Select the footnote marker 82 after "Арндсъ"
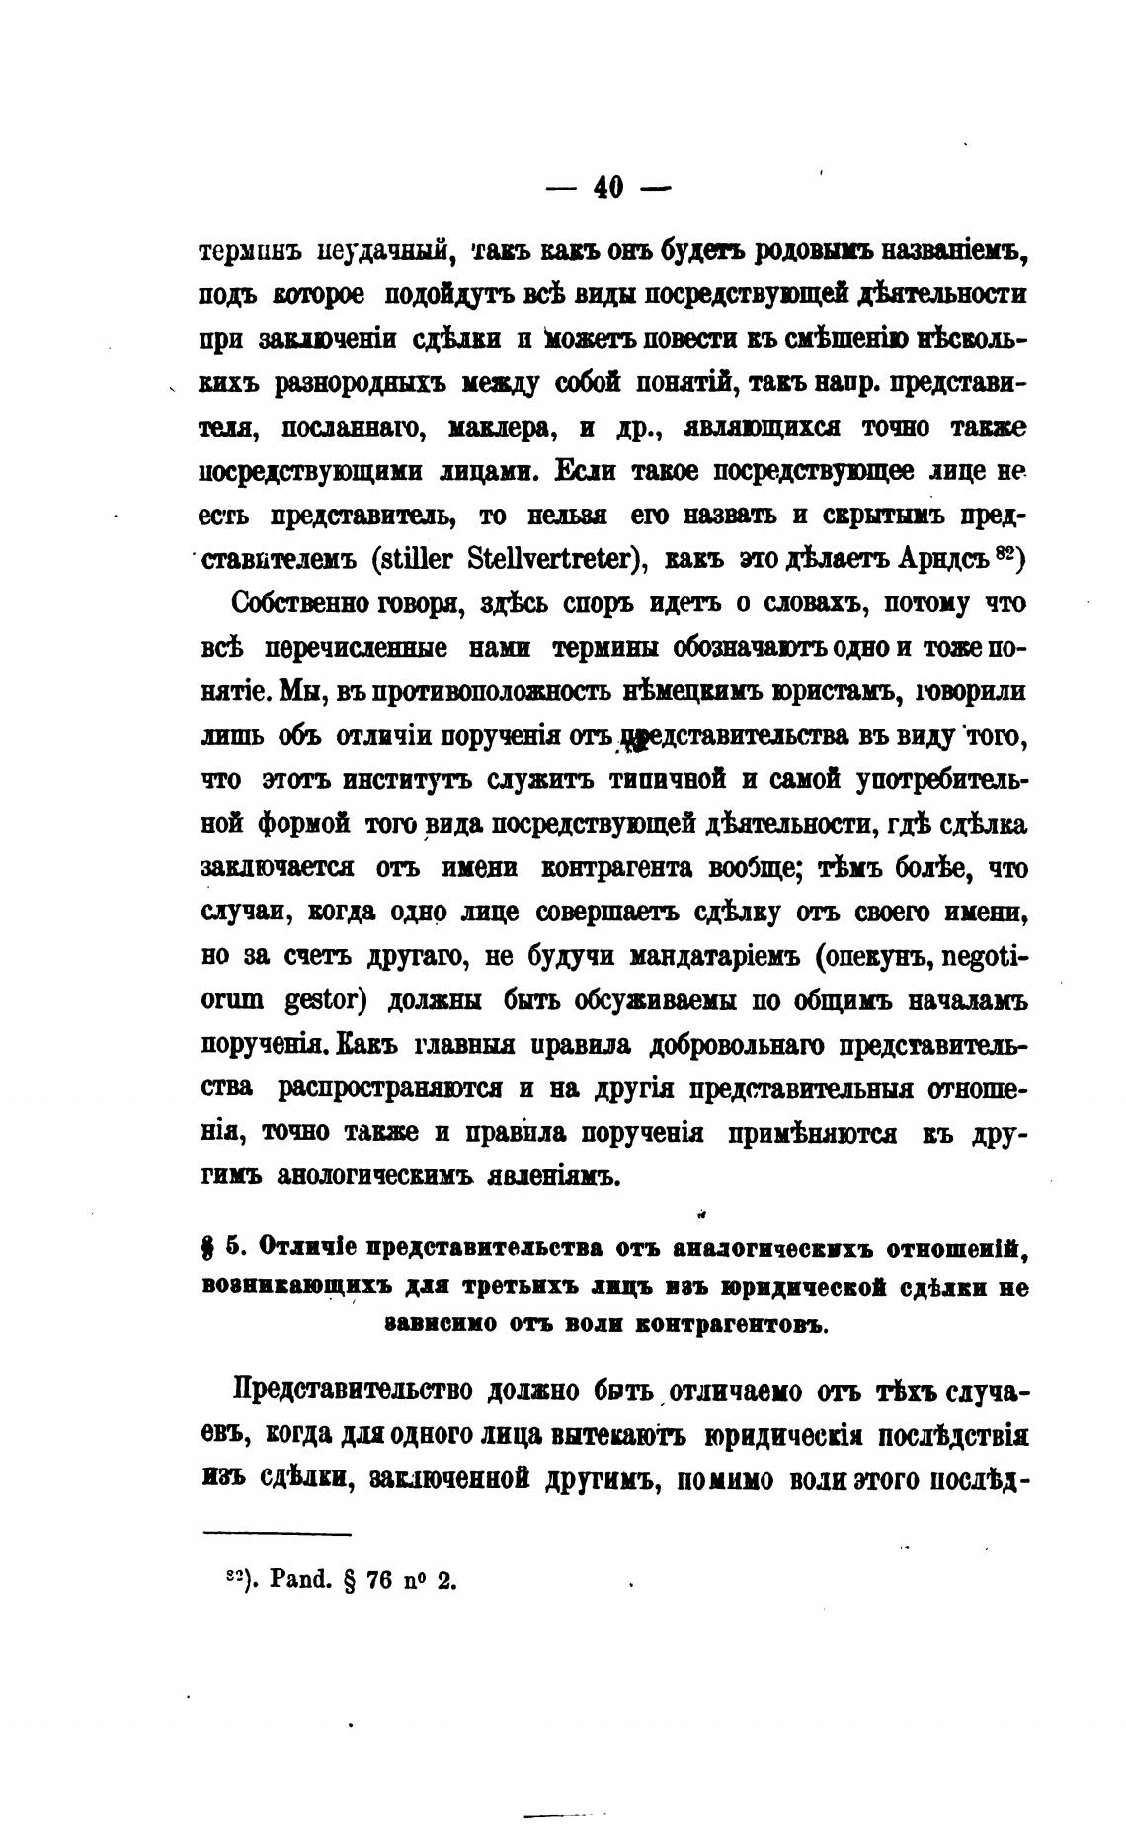tap(1005, 554)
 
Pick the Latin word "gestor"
tap(312, 1001)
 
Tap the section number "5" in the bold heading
tap(233, 1247)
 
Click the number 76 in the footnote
tap(379, 1580)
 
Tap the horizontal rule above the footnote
tap(277, 1534)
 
